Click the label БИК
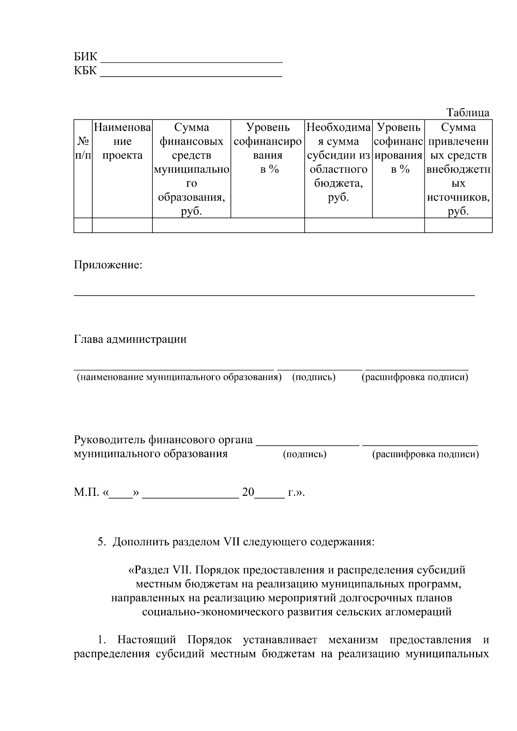[85, 57]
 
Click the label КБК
[85, 71]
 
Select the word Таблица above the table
[468, 113]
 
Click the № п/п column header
[83, 148]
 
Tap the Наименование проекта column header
[122, 141]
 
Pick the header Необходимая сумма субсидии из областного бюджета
[338, 162]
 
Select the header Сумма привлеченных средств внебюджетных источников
[458, 169]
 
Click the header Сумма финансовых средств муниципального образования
[191, 169]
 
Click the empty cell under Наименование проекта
[122, 225]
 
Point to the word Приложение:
[108, 264]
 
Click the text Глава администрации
[130, 339]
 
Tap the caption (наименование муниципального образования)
[179, 377]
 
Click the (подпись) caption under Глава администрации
[314, 377]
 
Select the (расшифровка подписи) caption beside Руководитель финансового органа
[425, 454]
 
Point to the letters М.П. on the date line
[87, 492]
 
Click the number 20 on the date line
[248, 492]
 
